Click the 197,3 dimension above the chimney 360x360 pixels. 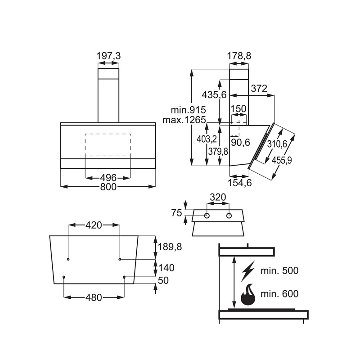click(x=108, y=56)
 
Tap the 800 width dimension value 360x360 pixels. click(x=108, y=187)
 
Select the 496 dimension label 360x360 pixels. click(x=108, y=178)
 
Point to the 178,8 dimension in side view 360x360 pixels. click(x=239, y=56)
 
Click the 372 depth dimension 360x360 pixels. click(x=259, y=88)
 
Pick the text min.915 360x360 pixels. click(x=188, y=110)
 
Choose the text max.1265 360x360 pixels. click(x=184, y=120)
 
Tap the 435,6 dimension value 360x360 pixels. click(x=214, y=94)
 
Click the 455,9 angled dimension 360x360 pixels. click(x=282, y=161)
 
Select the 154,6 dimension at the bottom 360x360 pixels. click(x=240, y=183)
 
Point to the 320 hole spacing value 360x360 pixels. click(x=218, y=197)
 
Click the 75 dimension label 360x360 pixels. click(x=176, y=213)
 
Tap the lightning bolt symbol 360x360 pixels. click(x=248, y=271)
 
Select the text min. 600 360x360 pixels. click(x=279, y=294)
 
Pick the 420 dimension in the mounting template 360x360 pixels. click(x=94, y=225)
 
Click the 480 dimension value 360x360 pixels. click(x=94, y=297)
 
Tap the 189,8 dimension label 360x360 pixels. click(x=170, y=247)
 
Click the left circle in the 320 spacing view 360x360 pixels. click(x=207, y=216)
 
